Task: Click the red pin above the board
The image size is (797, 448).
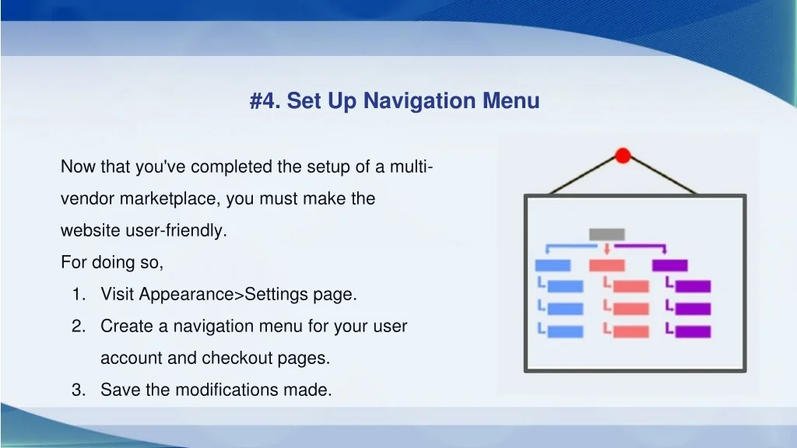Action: point(623,156)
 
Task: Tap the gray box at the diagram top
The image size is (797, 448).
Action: point(607,234)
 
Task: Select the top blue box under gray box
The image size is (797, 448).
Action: point(553,265)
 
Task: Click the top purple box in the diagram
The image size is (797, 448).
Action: point(670,265)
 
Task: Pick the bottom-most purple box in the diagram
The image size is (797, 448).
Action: point(693,331)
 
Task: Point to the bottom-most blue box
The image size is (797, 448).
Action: point(565,331)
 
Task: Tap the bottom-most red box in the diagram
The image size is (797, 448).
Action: point(631,331)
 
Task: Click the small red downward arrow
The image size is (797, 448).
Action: point(607,248)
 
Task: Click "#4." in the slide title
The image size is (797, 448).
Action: point(265,100)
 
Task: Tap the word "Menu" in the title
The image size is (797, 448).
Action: point(511,100)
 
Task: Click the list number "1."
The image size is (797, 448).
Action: point(79,294)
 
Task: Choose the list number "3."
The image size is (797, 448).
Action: point(79,390)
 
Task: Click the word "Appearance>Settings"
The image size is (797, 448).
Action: point(223,295)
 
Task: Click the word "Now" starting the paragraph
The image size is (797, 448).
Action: point(79,166)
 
